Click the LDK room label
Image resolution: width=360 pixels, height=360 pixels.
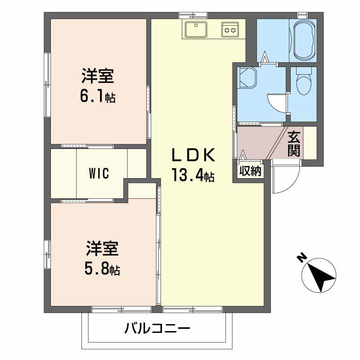tap(193, 155)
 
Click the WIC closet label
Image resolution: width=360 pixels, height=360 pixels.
tap(99, 173)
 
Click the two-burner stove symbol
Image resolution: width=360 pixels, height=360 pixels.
tap(230, 30)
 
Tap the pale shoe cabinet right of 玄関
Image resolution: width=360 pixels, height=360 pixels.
tap(310, 143)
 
